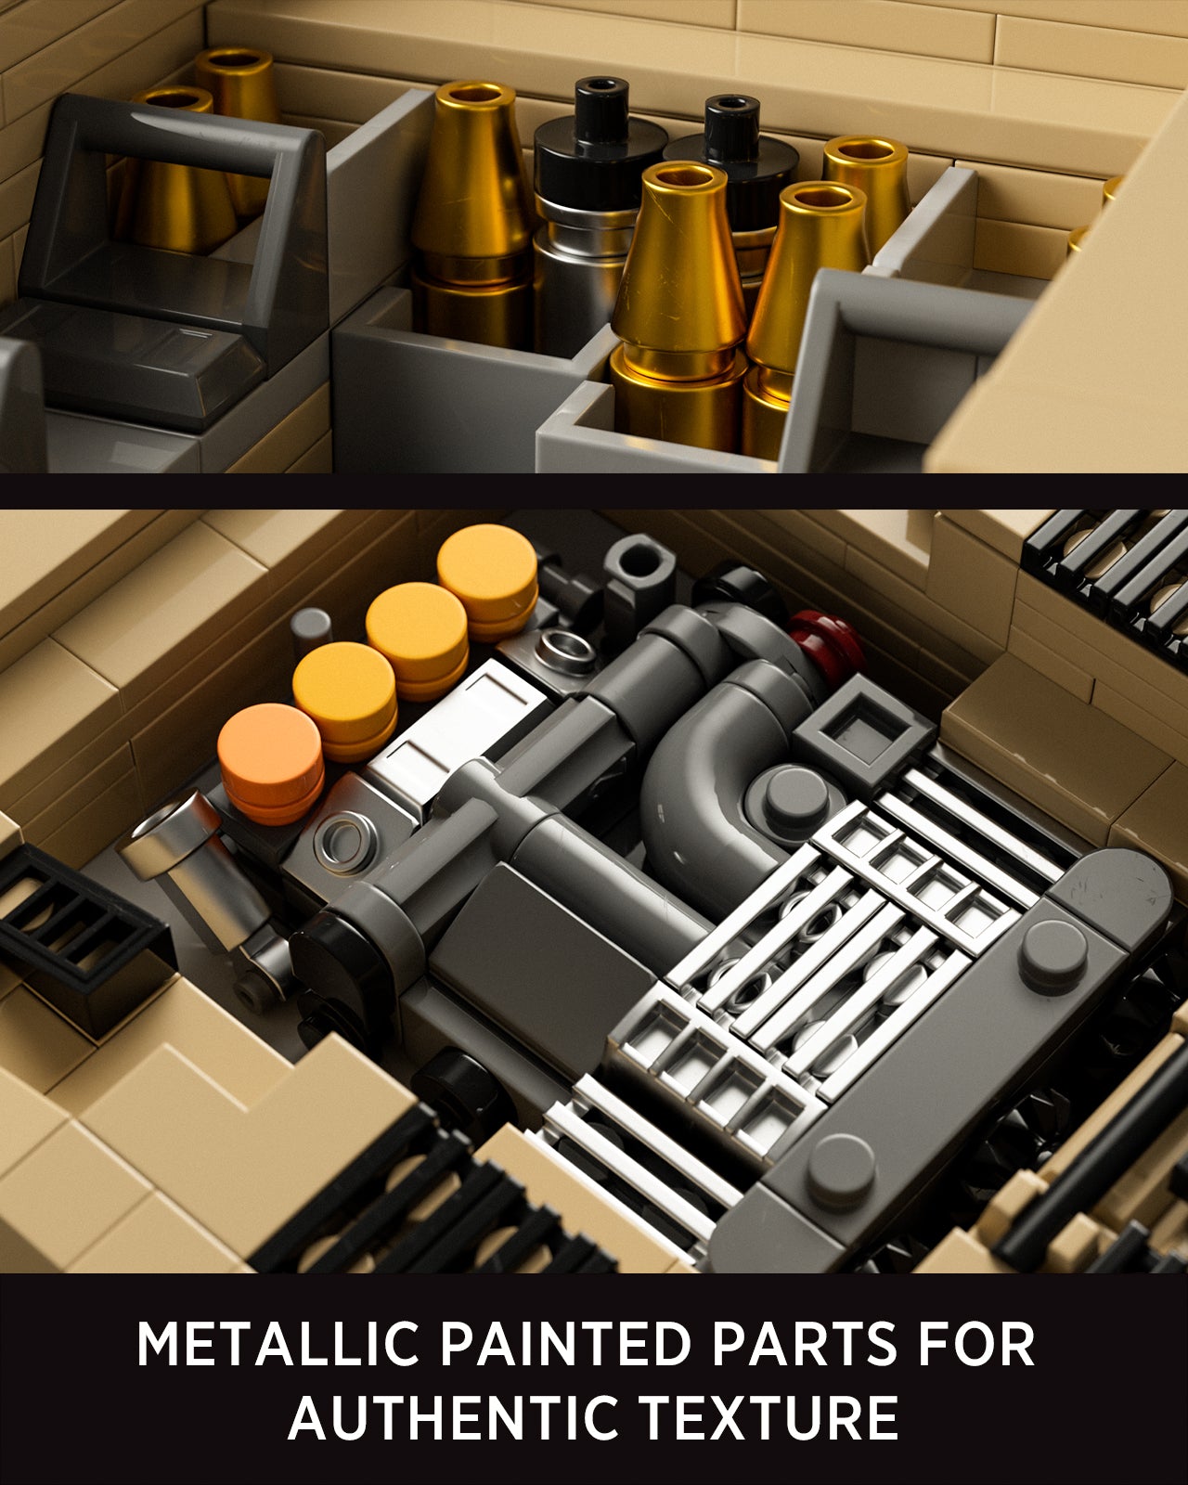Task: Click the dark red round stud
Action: point(826,640)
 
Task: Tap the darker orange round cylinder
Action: point(271,763)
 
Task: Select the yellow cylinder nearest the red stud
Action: point(488,580)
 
